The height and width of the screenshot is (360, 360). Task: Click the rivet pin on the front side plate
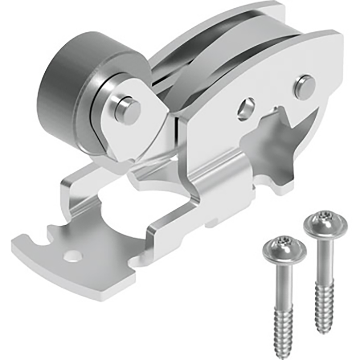point(304,86)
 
